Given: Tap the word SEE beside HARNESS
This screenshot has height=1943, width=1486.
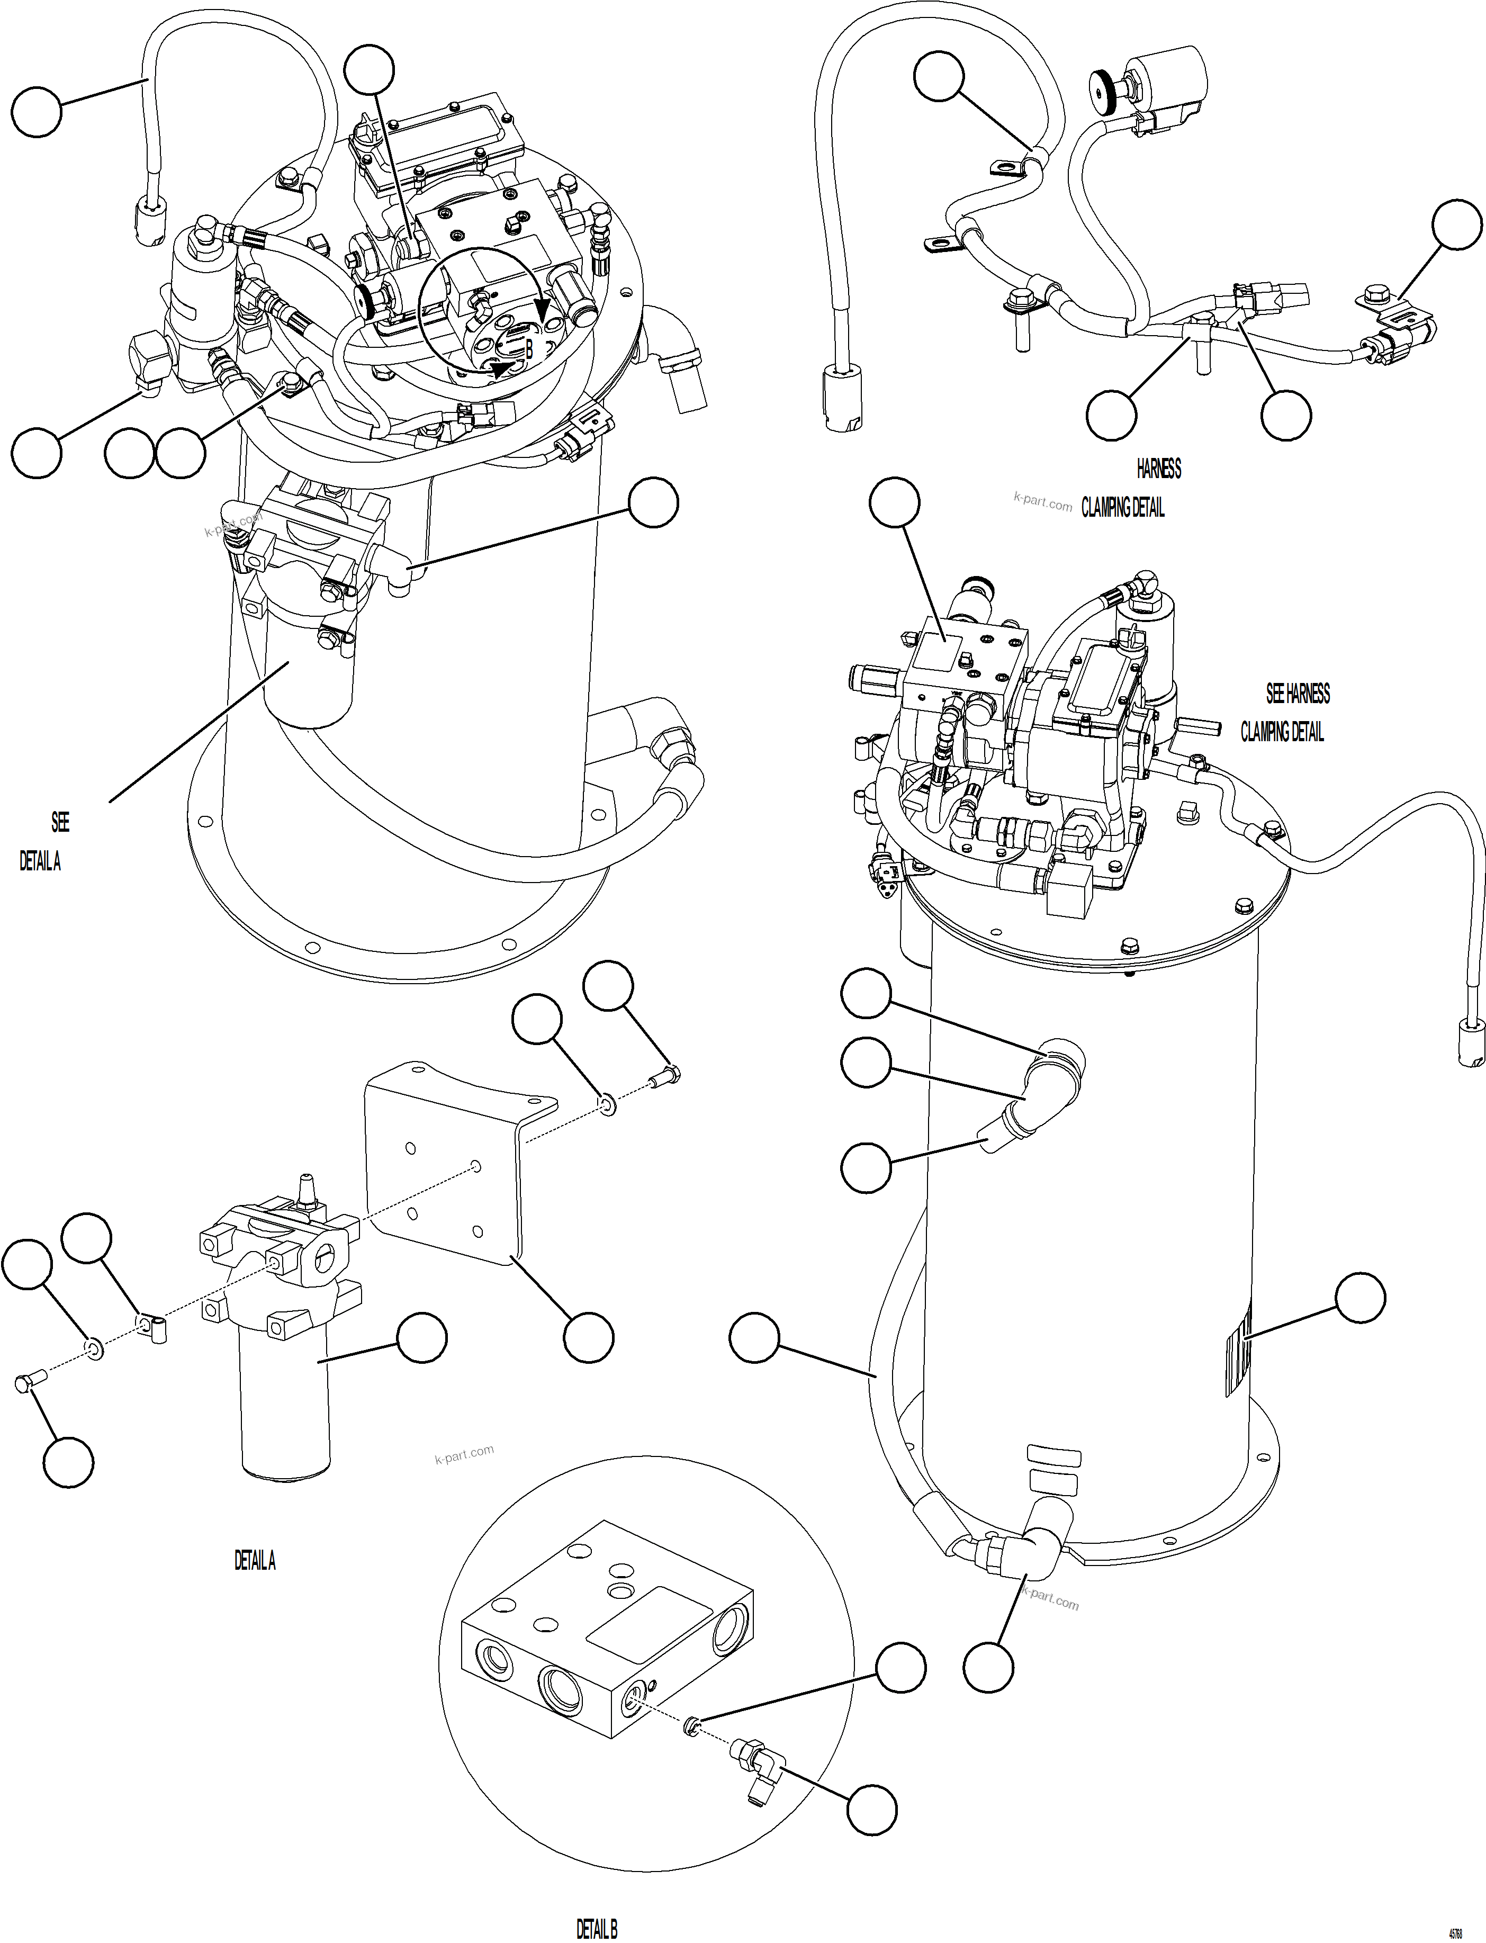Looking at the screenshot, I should coord(1275,694).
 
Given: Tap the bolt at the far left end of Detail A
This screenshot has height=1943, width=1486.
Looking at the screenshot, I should coord(25,1383).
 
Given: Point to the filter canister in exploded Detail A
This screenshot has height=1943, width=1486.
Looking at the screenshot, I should coord(283,1406).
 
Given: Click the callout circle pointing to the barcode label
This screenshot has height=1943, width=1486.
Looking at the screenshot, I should coord(1359,1298).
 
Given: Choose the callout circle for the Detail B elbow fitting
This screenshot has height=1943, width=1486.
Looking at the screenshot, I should coord(871,1810).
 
